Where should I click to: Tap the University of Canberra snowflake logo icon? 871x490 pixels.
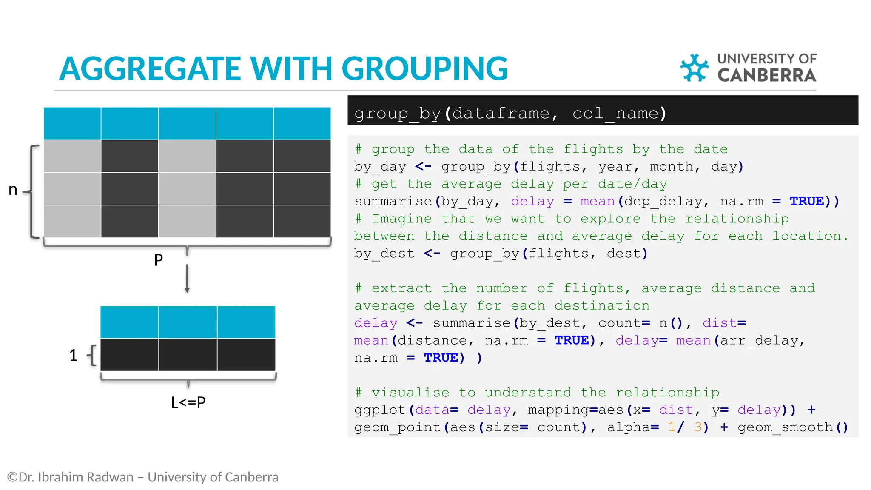pyautogui.click(x=694, y=68)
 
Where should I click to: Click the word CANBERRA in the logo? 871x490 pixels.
pyautogui.click(x=766, y=75)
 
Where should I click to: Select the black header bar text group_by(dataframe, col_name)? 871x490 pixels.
pyautogui.click(x=510, y=114)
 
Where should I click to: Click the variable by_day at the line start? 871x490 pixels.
pyautogui.click(x=380, y=167)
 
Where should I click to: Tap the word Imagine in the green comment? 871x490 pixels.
pyautogui.click(x=402, y=219)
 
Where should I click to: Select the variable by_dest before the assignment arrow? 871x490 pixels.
pyautogui.click(x=384, y=254)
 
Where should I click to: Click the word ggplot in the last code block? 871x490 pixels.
pyautogui.click(x=380, y=410)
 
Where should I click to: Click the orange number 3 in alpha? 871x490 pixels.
pyautogui.click(x=698, y=427)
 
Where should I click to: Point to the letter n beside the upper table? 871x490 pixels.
pyautogui.click(x=13, y=190)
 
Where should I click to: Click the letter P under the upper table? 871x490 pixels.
pyautogui.click(x=158, y=260)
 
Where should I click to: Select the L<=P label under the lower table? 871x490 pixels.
pyautogui.click(x=188, y=402)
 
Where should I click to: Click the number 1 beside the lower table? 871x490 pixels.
pyautogui.click(x=73, y=355)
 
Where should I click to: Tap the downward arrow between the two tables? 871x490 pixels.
pyautogui.click(x=187, y=279)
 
